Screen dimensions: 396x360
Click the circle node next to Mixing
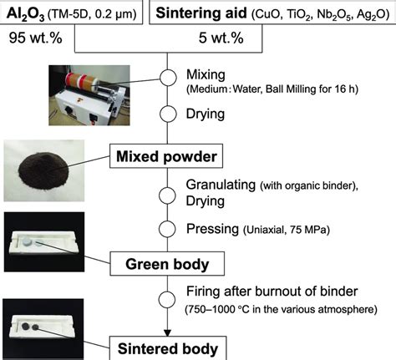tap(168, 78)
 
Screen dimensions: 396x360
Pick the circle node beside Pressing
tap(167, 229)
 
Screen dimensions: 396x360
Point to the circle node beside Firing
tap(167, 300)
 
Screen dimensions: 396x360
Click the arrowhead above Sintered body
tap(167, 333)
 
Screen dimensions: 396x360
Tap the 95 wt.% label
tap(35, 38)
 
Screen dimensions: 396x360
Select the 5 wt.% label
tap(221, 38)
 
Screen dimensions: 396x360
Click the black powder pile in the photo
tap(43, 171)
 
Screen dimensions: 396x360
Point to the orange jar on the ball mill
tap(81, 81)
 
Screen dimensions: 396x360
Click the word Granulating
tap(221, 185)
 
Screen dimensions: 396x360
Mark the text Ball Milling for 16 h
tap(312, 89)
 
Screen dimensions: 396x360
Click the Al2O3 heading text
tap(25, 14)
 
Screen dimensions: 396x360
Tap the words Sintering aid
tap(201, 13)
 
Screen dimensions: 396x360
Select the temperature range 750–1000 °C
tap(217, 309)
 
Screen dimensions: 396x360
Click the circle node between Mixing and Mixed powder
tap(168, 114)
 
